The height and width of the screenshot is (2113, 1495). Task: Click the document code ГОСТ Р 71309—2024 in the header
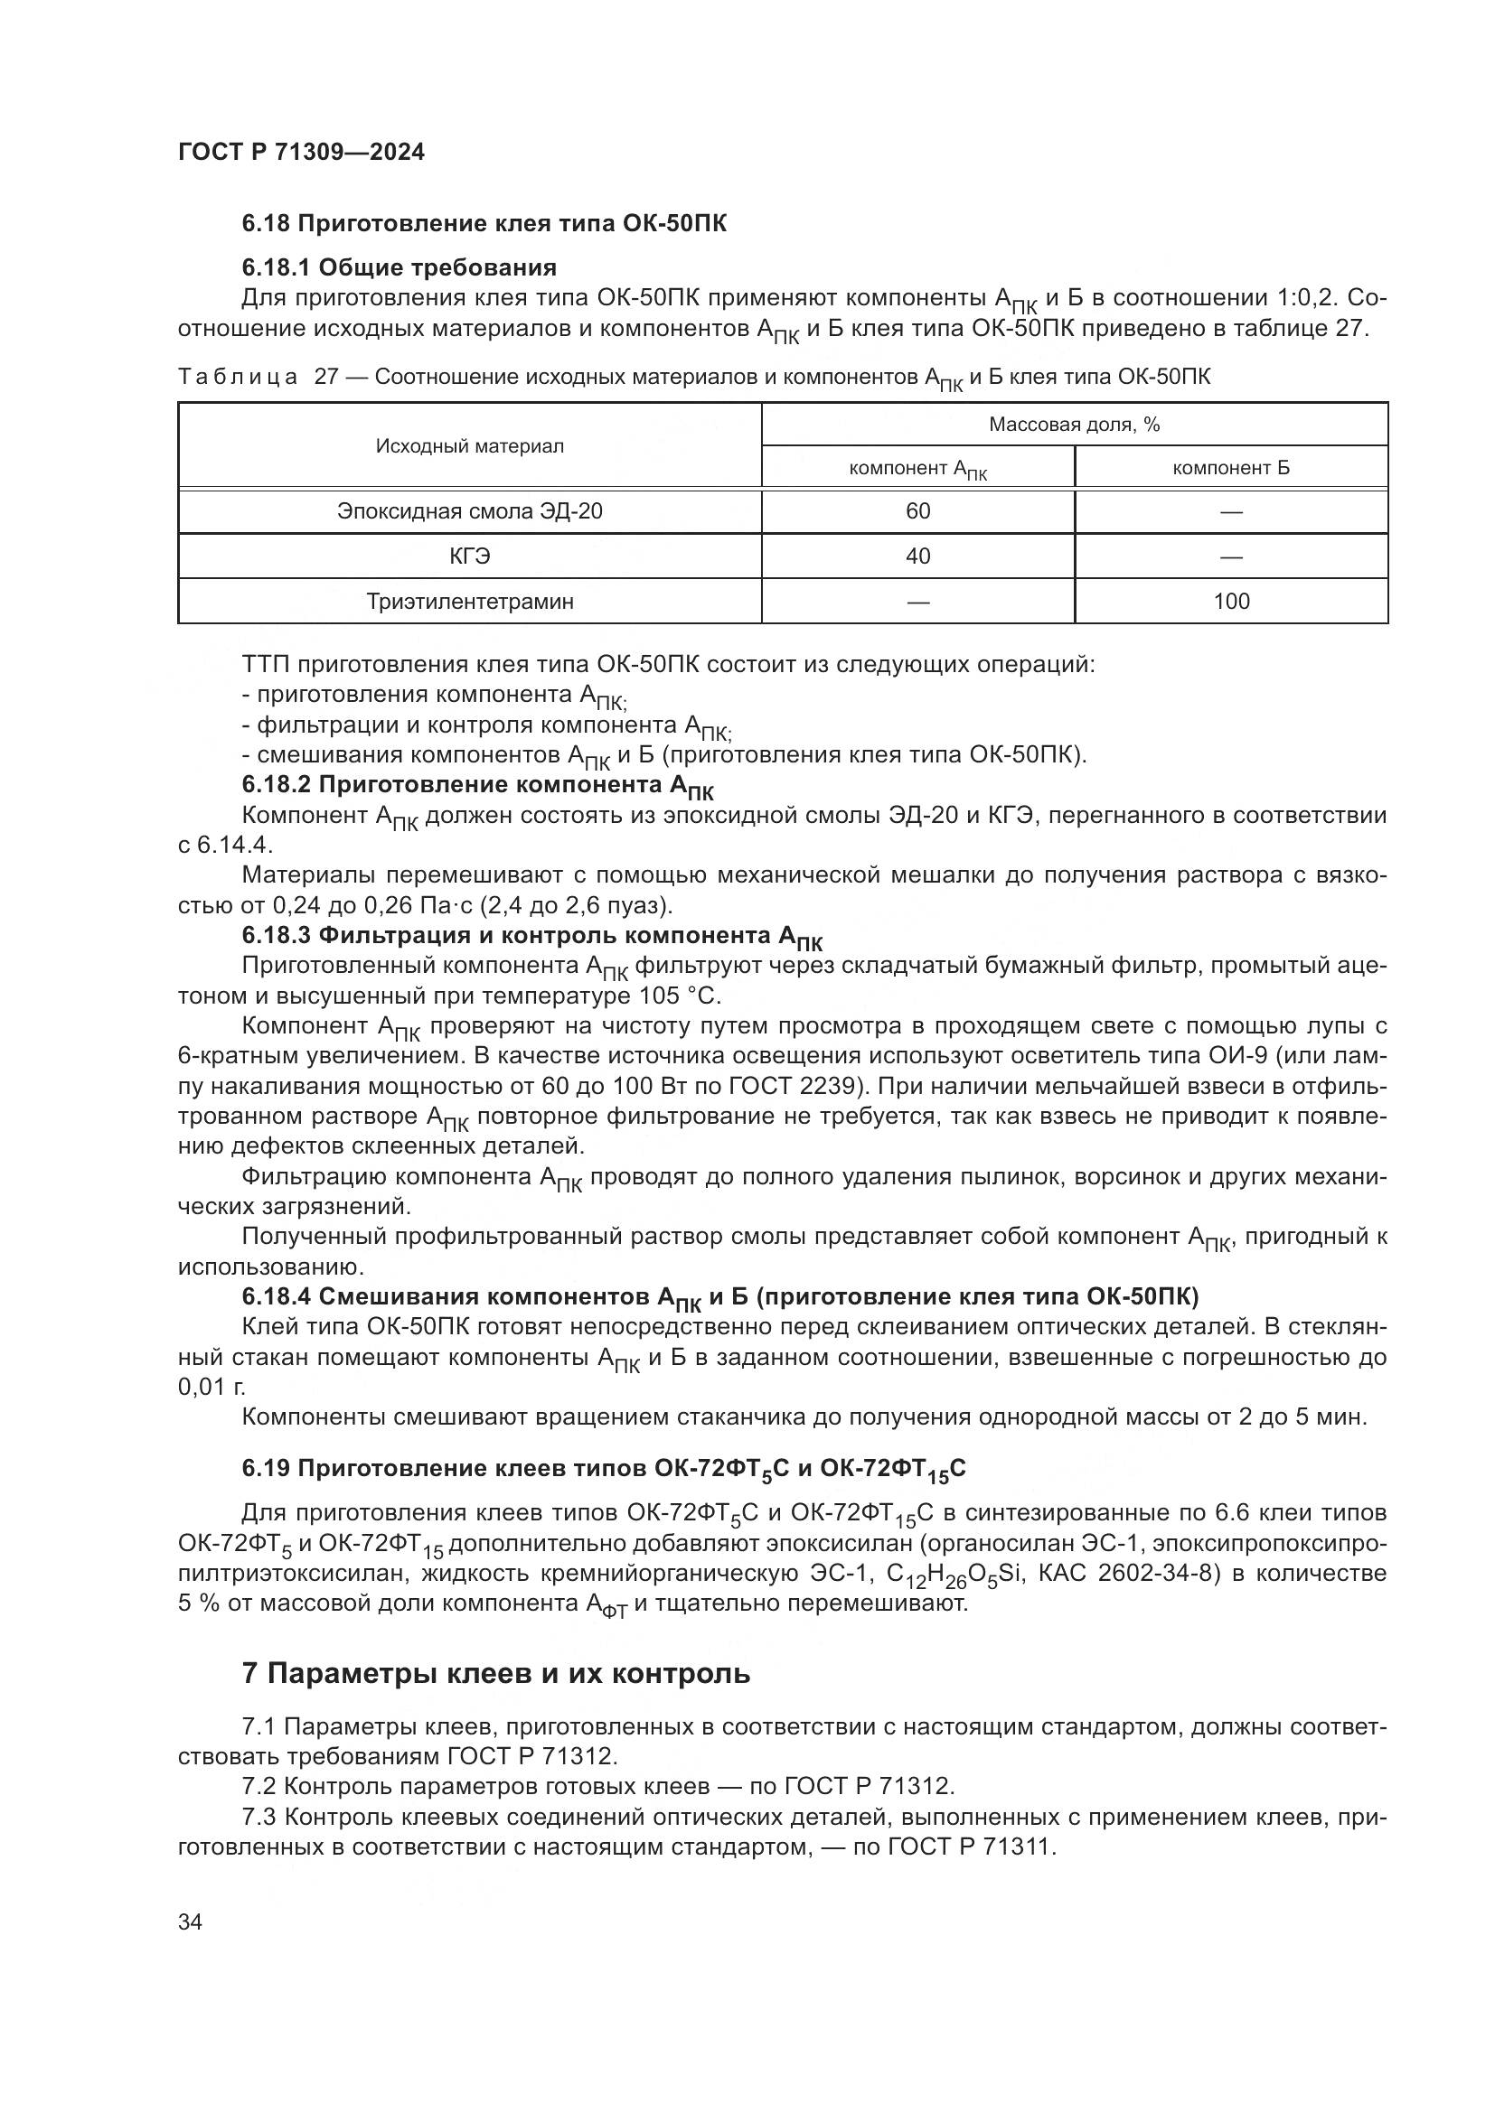(x=301, y=153)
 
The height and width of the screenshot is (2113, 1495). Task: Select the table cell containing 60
(x=917, y=511)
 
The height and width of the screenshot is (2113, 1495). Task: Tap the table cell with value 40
(x=917, y=556)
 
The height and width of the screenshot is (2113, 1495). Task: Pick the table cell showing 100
(x=1230, y=602)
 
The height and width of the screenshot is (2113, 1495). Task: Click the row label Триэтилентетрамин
(x=469, y=602)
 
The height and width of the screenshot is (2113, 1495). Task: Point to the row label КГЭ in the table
(x=469, y=556)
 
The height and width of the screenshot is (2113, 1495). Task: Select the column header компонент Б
(x=1230, y=468)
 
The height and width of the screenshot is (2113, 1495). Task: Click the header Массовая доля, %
(x=1074, y=425)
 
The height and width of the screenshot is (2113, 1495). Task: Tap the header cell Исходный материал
(x=469, y=446)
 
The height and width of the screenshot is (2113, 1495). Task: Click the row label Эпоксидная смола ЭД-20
(x=469, y=511)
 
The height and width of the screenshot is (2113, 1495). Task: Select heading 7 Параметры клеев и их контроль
(x=495, y=1673)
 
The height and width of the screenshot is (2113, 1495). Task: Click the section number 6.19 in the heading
(x=265, y=1468)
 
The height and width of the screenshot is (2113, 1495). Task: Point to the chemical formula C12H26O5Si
(x=954, y=1575)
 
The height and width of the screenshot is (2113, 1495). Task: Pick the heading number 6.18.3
(x=277, y=936)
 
